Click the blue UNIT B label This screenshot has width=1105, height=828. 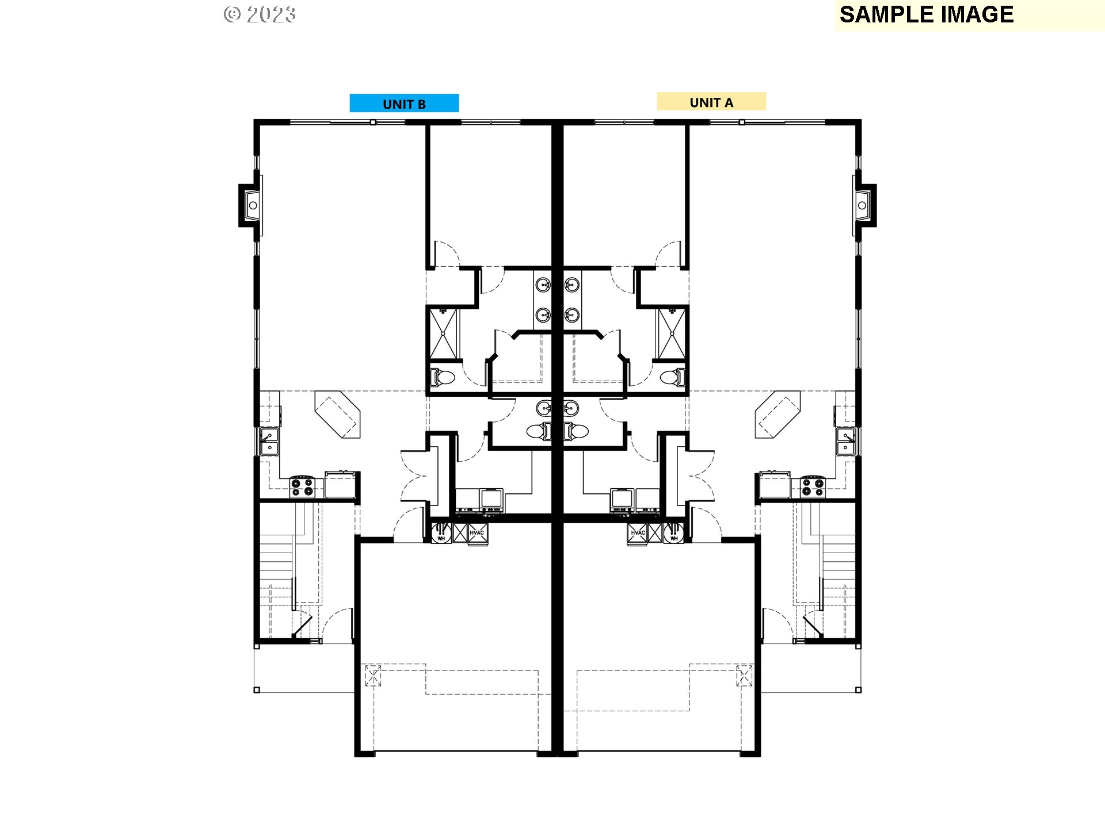click(x=404, y=103)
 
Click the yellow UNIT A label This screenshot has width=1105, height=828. click(x=711, y=102)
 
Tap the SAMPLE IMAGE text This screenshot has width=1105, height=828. click(x=926, y=15)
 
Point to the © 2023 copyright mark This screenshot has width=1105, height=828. click(x=260, y=14)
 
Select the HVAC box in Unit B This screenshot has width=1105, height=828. click(x=477, y=533)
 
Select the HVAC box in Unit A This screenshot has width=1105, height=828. click(x=638, y=533)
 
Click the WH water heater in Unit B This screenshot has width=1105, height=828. click(x=441, y=533)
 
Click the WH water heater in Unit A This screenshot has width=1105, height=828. click(x=674, y=533)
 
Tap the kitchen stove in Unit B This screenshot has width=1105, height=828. click(x=302, y=487)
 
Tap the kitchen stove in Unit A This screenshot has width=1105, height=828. click(x=813, y=487)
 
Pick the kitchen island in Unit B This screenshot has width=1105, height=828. click(x=338, y=415)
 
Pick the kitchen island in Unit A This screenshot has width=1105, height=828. click(x=778, y=415)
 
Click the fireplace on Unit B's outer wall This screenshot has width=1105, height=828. click(x=251, y=205)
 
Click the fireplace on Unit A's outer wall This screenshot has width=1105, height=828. click(x=864, y=205)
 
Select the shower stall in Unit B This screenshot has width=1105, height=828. click(x=443, y=333)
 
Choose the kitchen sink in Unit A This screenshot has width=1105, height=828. click(x=845, y=442)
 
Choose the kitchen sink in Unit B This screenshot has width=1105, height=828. click(x=269, y=442)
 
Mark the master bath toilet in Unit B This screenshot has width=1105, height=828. click(x=443, y=378)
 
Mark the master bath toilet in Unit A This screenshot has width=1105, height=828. click(x=672, y=378)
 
